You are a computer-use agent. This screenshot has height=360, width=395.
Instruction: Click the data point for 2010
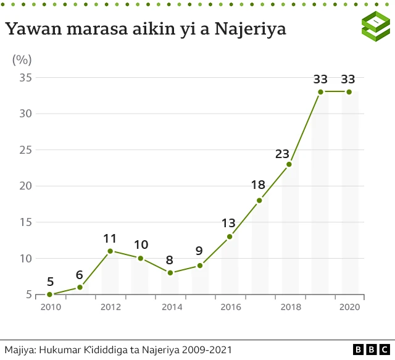click(x=49, y=295)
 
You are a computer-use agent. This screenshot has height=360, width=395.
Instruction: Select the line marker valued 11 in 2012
click(x=110, y=251)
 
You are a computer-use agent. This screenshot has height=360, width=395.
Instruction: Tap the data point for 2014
click(x=170, y=273)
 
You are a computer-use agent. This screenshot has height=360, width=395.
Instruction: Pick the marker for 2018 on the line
click(x=289, y=164)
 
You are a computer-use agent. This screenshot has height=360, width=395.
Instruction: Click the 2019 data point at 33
click(x=320, y=92)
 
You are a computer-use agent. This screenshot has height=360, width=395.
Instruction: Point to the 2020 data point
click(x=349, y=92)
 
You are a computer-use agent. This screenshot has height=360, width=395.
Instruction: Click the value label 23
click(x=282, y=154)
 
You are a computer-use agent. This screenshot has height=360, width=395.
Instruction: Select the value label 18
click(x=258, y=185)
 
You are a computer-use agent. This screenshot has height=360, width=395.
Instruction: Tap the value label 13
click(x=228, y=223)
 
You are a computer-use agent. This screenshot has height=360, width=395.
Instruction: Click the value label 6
click(x=80, y=275)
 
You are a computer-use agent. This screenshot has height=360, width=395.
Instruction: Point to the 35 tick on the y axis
click(x=25, y=78)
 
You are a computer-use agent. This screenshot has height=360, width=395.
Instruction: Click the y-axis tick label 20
click(x=25, y=186)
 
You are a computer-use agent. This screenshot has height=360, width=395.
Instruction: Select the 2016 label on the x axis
click(x=230, y=306)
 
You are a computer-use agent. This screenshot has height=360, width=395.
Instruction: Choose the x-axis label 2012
click(x=110, y=306)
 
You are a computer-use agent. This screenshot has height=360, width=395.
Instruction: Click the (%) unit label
click(x=22, y=60)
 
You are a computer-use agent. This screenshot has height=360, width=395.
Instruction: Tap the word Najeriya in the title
click(x=250, y=28)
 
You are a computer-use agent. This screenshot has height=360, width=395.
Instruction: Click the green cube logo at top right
click(x=375, y=27)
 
